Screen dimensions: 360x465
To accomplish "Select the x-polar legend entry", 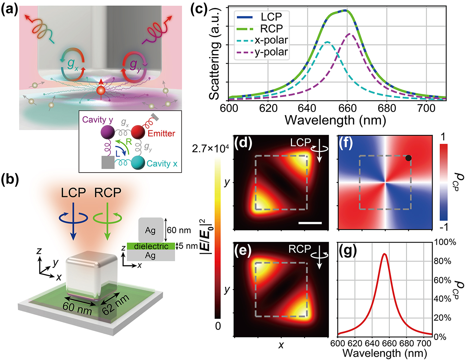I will pyautogui.click(x=271, y=40).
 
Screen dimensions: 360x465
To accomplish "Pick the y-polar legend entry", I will pyautogui.click(x=271, y=52).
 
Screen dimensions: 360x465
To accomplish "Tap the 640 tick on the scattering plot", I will pyautogui.click(x=308, y=108).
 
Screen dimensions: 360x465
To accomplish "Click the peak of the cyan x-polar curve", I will pyautogui.click(x=328, y=42).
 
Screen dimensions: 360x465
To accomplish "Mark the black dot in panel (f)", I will pyautogui.click(x=408, y=158).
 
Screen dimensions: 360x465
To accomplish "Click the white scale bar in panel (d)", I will pyautogui.click(x=310, y=223).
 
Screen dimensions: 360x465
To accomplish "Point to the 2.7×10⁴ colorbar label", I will pyautogui.click(x=210, y=149).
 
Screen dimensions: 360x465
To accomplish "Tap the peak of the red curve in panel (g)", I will pyautogui.click(x=384, y=254).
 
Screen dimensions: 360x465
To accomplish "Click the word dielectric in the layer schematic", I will pyautogui.click(x=151, y=246).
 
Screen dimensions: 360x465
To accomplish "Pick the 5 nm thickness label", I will pyautogui.click(x=188, y=246).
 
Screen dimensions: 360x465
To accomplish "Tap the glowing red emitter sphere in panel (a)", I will pyautogui.click(x=101, y=90).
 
